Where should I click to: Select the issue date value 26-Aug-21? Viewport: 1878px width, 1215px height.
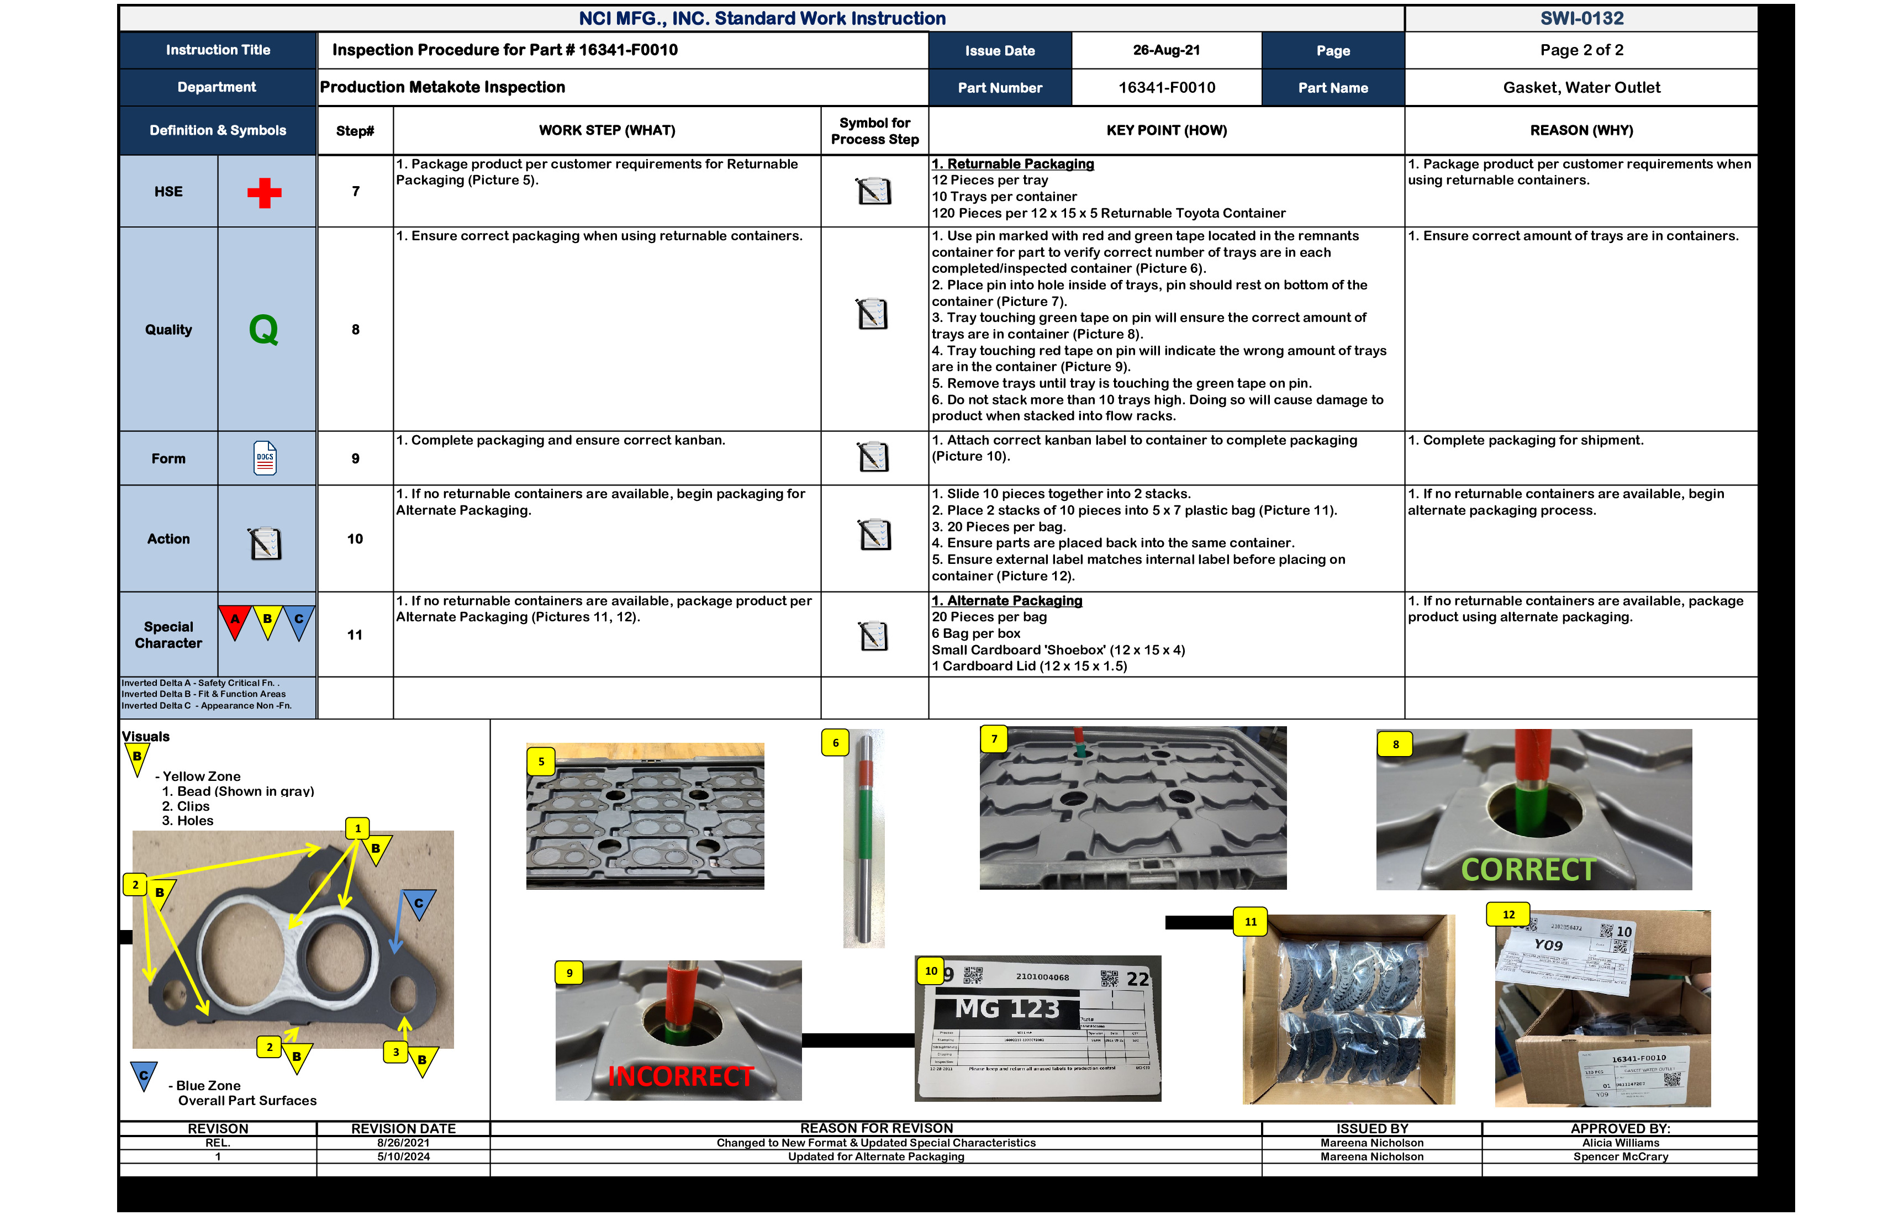(x=1165, y=50)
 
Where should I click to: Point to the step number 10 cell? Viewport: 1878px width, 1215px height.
(x=355, y=539)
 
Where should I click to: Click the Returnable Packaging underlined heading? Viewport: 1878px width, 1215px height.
(x=1012, y=164)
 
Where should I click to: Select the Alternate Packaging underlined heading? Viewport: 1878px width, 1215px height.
(x=1007, y=601)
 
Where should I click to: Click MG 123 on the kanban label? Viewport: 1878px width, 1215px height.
(x=1007, y=1009)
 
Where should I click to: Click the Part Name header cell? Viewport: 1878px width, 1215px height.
(x=1333, y=88)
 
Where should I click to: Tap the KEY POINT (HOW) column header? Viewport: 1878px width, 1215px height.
(x=1165, y=131)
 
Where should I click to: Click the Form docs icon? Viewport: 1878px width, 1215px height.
(x=265, y=458)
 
